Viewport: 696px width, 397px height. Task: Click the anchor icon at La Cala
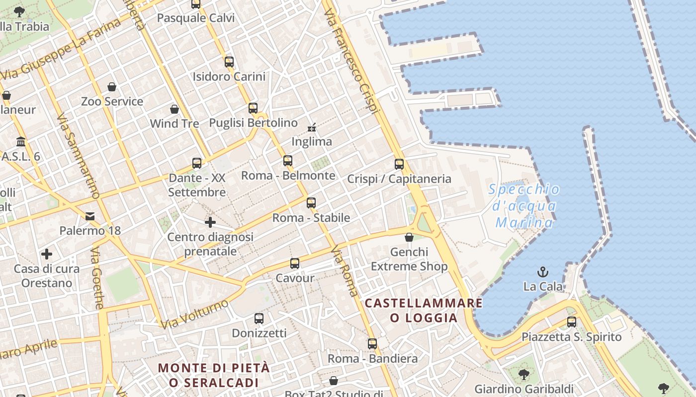[543, 272]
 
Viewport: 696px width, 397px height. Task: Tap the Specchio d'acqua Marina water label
[524, 206]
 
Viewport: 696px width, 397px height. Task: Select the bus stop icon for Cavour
[295, 264]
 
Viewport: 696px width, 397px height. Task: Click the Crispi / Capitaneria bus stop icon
[399, 164]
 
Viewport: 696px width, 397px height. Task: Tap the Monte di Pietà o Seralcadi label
[214, 375]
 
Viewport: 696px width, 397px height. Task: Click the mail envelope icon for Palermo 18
[90, 216]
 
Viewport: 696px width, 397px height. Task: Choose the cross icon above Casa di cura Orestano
[47, 255]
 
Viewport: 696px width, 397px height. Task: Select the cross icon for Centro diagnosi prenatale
[210, 222]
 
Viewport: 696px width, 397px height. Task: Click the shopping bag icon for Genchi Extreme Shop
[409, 238]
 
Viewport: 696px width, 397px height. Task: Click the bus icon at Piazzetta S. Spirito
[572, 322]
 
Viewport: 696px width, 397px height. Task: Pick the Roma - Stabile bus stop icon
[311, 203]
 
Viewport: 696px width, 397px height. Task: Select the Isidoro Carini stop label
[229, 77]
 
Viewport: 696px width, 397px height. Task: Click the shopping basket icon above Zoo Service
[112, 87]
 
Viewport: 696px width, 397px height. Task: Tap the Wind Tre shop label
[174, 124]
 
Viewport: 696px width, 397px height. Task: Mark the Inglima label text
[312, 142]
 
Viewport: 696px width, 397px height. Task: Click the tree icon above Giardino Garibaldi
[523, 374]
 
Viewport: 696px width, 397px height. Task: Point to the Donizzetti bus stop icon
[259, 319]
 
